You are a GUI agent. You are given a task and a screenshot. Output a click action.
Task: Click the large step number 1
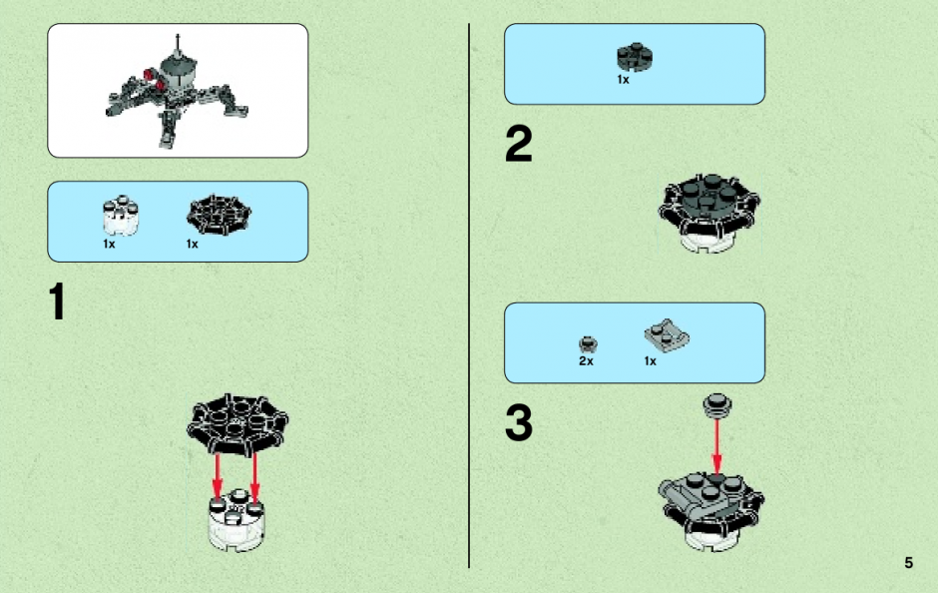coord(57,301)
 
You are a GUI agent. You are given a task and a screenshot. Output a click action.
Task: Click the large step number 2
coord(518,143)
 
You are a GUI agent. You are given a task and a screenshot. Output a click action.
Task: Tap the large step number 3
coord(518,422)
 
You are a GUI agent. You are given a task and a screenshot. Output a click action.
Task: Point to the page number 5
coord(909,562)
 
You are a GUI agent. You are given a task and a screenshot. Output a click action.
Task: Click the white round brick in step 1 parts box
coord(121,216)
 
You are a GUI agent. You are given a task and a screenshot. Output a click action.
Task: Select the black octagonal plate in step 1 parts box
coord(219,215)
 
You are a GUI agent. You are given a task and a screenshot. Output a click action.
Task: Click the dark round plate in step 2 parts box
coord(635,57)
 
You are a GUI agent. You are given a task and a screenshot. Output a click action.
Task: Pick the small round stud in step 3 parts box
coord(588,344)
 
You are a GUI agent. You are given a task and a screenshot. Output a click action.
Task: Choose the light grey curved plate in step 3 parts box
coord(667,335)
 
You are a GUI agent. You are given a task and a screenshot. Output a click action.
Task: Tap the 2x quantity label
coord(587,360)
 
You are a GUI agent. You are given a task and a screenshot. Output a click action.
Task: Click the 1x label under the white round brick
coord(109,244)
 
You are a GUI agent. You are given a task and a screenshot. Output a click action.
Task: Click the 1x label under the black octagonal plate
coord(192,244)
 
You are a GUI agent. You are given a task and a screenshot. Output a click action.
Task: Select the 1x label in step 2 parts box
coord(623,79)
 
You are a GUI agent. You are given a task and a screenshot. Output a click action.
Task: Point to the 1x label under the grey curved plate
coord(651,360)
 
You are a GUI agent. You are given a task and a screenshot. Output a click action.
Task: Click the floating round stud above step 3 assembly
coord(717,404)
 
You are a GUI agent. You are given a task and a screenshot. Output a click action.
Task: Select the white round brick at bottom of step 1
coord(236,520)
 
